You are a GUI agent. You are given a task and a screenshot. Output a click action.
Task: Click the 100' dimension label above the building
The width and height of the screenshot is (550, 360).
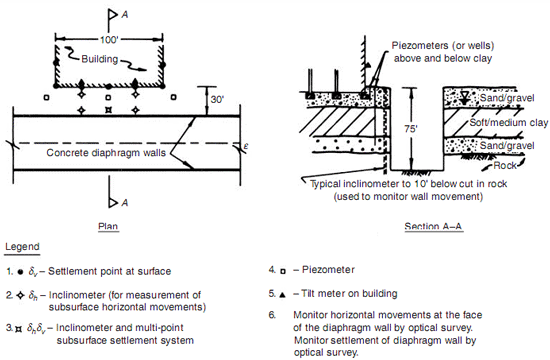point(108,40)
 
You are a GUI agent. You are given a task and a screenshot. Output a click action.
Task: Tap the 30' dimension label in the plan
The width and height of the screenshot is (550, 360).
point(217,100)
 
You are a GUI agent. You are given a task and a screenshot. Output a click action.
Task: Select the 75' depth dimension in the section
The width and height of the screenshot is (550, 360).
point(410,129)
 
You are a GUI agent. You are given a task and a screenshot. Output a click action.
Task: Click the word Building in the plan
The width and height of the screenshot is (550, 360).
point(100,59)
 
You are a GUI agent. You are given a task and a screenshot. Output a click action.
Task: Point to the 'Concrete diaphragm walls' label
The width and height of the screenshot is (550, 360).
point(106,153)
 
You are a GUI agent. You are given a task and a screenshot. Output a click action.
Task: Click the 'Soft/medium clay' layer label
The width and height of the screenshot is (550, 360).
point(509,122)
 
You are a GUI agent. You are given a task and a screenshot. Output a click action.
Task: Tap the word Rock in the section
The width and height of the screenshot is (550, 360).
point(505,165)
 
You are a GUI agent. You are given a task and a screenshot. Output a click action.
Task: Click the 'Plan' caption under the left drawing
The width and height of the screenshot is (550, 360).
point(108,226)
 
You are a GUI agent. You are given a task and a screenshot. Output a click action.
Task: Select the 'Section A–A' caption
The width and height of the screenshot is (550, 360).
point(433,226)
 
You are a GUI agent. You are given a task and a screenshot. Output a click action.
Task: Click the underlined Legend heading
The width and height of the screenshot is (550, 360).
point(22,247)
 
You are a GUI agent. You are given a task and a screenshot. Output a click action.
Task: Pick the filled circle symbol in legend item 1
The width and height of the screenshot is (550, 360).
point(20,272)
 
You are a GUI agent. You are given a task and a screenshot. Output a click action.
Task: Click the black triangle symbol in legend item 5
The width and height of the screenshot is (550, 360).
point(282,295)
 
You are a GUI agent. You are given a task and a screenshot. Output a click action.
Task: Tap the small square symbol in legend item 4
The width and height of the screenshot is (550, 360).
point(283,271)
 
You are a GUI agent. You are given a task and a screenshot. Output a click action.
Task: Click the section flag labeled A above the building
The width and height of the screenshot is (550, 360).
point(113,15)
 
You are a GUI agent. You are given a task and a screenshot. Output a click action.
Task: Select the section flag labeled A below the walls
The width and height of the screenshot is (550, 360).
point(113,202)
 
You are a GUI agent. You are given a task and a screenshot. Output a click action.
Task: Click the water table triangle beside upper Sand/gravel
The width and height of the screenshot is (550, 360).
point(465,96)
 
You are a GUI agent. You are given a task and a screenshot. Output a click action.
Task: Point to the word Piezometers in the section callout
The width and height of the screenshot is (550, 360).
point(420,46)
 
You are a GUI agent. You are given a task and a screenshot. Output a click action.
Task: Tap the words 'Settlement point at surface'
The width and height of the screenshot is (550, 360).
point(109,271)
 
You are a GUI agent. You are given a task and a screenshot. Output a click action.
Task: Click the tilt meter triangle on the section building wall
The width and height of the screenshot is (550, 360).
point(367,65)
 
